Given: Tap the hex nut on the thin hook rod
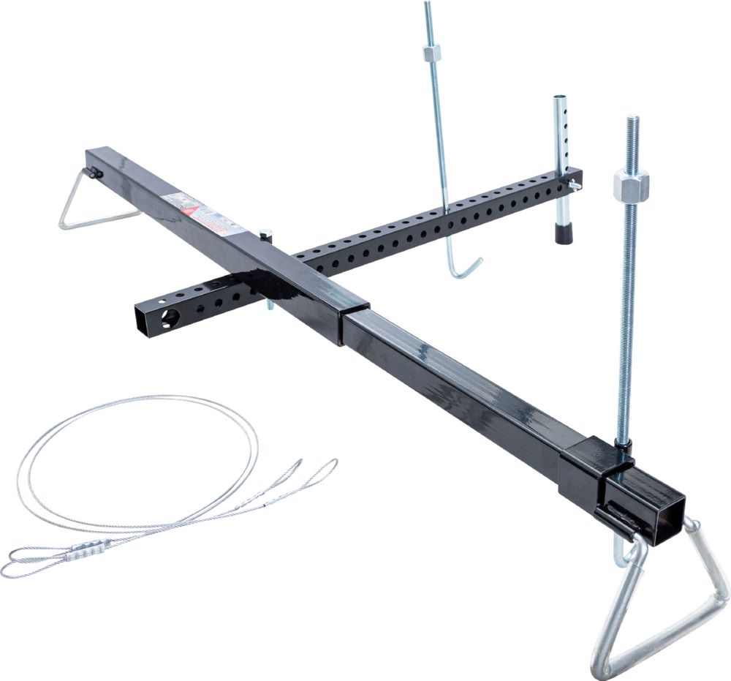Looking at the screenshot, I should [x=431, y=54].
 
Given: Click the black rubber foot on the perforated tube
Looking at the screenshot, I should [x=563, y=233].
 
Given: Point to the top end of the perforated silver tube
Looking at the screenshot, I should [x=561, y=99].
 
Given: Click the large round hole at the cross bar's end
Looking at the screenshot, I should [x=170, y=317].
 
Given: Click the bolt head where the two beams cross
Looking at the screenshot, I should [x=266, y=236].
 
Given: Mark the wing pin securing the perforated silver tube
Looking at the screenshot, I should [x=574, y=186].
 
